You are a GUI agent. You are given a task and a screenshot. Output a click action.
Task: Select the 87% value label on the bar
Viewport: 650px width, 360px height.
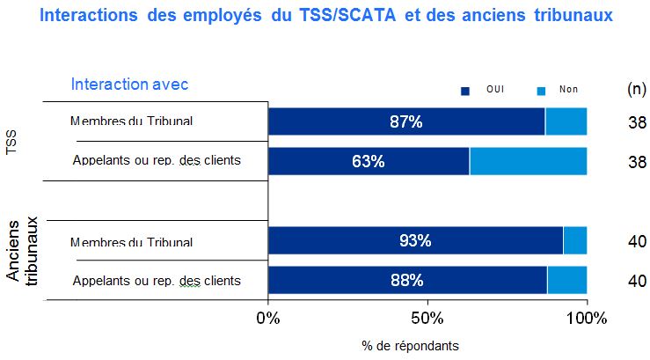coord(406,121)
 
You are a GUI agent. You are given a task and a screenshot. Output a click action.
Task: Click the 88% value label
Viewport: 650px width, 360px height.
coord(406,281)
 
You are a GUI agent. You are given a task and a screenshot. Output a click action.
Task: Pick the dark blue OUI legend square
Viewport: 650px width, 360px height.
coord(466,91)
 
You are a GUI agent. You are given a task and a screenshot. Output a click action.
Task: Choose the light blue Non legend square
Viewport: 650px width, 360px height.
coord(542,91)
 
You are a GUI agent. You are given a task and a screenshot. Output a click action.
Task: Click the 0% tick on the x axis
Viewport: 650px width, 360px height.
coord(267,318)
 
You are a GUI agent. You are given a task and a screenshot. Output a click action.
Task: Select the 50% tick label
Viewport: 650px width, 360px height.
coord(427,318)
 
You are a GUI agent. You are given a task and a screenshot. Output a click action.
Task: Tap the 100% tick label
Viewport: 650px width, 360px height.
coord(586,318)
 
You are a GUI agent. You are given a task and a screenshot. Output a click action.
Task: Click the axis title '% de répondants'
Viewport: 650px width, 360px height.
coord(410,345)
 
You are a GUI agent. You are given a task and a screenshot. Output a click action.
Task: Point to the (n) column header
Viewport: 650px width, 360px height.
coord(636,89)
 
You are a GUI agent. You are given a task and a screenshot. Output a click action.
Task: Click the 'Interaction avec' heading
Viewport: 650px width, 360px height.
coord(130,84)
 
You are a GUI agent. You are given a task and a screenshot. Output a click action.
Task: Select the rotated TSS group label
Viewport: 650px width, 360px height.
coord(11,143)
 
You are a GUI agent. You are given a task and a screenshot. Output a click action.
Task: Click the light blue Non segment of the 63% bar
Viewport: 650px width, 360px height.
coord(528,161)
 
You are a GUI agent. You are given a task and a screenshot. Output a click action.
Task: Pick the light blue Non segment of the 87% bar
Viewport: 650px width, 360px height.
coord(566,121)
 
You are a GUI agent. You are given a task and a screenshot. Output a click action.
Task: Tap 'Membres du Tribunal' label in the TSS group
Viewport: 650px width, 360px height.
coord(131,121)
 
